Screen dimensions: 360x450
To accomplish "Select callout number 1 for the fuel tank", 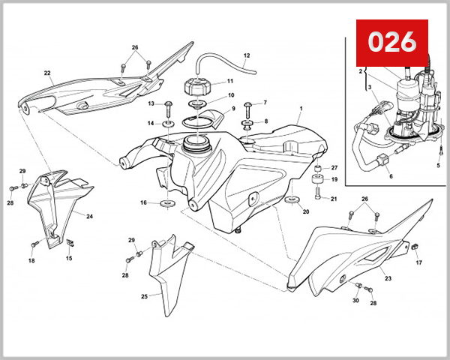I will (x=299, y=109).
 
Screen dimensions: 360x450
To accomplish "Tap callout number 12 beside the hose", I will (x=247, y=55).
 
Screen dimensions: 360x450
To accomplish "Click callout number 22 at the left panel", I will (x=46, y=73).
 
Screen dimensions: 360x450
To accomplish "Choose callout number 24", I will (x=89, y=217).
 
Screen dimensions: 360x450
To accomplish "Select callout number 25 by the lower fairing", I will (x=145, y=296).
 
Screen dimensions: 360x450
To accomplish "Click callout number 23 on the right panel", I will (x=388, y=278).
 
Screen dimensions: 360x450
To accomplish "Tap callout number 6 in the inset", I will (x=390, y=177).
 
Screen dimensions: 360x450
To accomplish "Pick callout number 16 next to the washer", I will (x=143, y=202).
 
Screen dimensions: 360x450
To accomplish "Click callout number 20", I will (x=306, y=212).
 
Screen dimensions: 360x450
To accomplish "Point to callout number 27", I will (x=334, y=167).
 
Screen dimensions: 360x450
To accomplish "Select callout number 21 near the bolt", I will (x=334, y=199).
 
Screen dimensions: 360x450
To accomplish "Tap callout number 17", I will (x=419, y=262).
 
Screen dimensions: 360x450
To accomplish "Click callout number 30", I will (x=355, y=301).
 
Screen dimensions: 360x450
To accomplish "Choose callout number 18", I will (x=31, y=261).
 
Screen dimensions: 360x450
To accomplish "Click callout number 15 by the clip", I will (x=69, y=259).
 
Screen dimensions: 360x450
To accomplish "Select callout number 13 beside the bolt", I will (x=151, y=103).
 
